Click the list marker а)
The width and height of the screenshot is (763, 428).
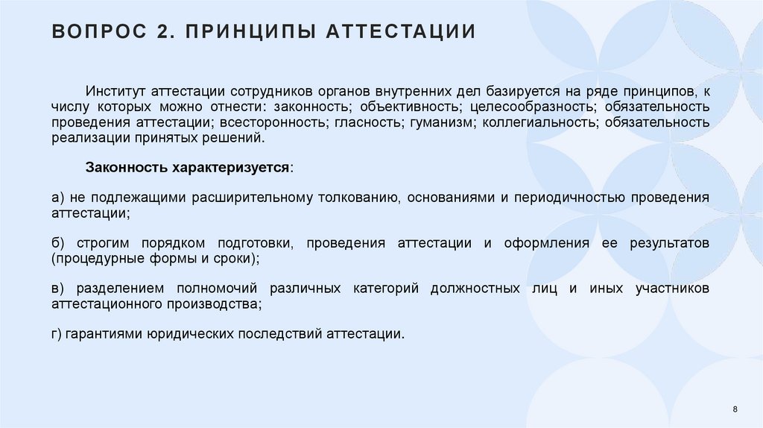(58, 198)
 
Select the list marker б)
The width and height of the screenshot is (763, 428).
(58, 243)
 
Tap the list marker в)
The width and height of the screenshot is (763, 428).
(58, 289)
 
